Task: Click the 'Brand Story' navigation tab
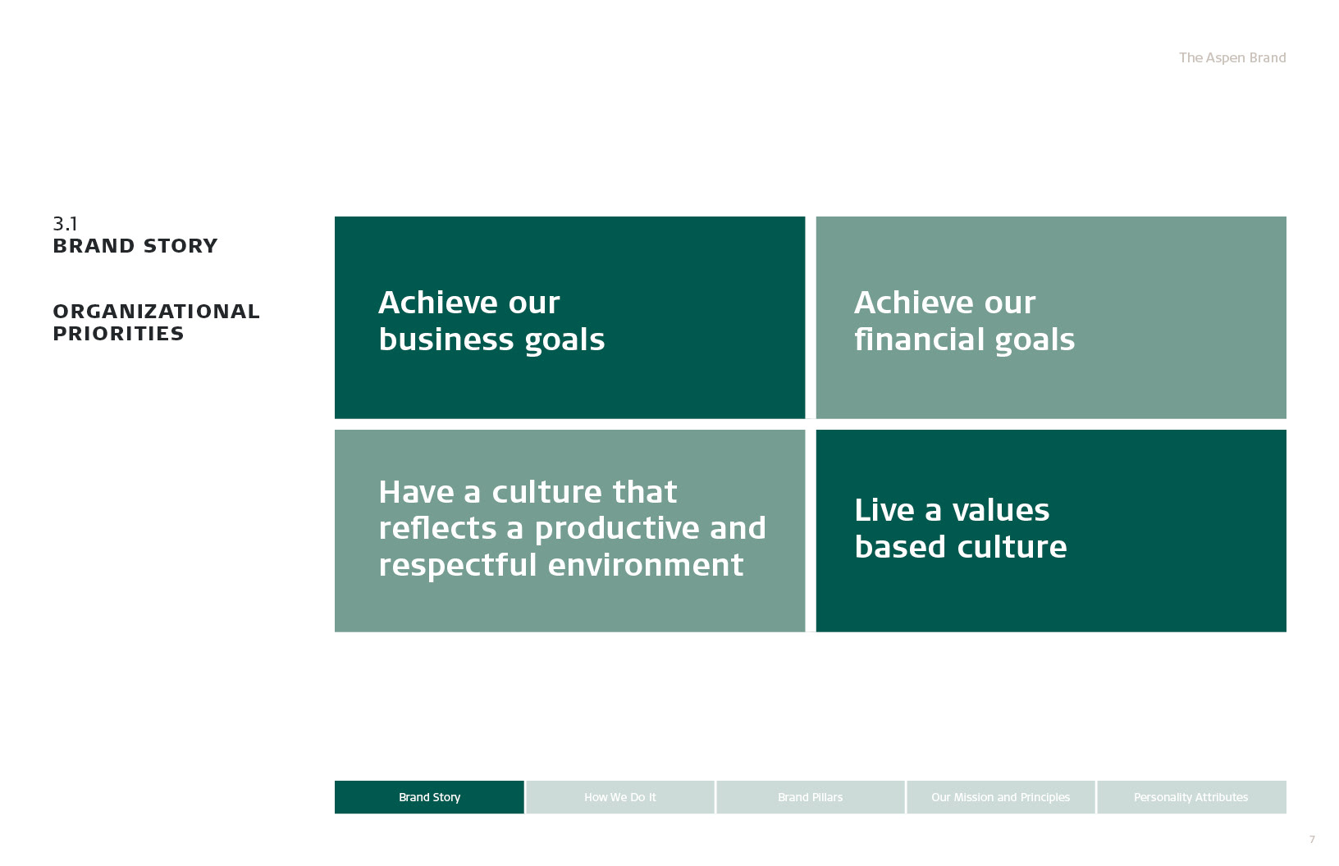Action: point(429,796)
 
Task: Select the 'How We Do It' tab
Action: point(620,796)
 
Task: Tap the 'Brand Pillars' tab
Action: point(810,796)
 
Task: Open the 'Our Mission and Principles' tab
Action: point(1001,796)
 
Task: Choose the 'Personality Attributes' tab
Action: point(1191,796)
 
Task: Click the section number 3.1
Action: point(65,224)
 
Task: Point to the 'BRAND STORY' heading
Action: point(135,246)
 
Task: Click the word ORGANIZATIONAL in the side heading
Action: point(157,312)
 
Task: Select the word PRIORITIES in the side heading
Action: point(118,334)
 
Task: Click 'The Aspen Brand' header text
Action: point(1232,57)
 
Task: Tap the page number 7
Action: point(1312,839)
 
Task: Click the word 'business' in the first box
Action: point(446,339)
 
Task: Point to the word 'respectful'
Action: point(457,565)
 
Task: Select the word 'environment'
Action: point(646,565)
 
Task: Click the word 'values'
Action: point(1001,511)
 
